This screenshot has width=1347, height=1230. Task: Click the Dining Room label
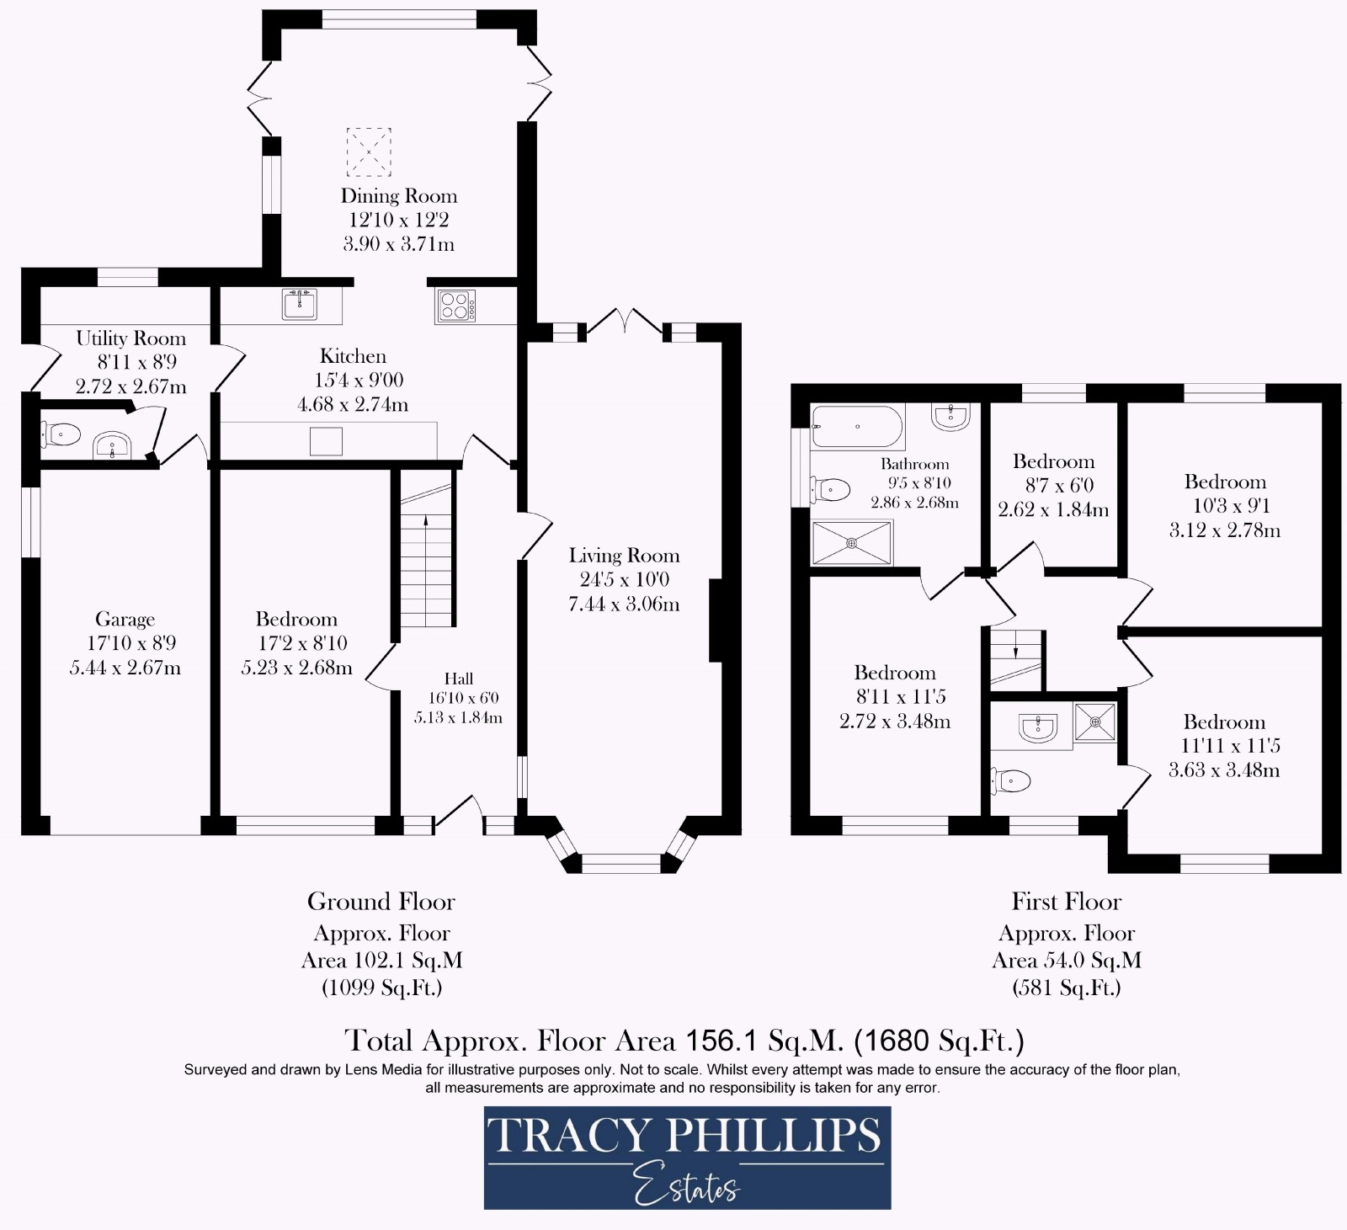(x=398, y=196)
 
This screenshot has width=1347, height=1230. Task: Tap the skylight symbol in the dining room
(x=369, y=152)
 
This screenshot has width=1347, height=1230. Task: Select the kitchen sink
(x=300, y=304)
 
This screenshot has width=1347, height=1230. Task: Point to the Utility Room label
(x=130, y=338)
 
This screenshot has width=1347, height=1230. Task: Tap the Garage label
(x=125, y=620)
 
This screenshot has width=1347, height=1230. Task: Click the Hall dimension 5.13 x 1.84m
(x=458, y=718)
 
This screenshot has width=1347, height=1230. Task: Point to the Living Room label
(x=624, y=556)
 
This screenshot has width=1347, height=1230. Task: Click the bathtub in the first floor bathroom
(x=857, y=426)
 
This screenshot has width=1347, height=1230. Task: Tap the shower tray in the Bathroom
(x=851, y=543)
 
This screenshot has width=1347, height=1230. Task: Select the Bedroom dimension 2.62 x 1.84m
(x=1053, y=510)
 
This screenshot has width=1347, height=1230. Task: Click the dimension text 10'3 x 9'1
(x=1225, y=506)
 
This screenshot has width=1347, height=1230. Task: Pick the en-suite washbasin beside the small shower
(x=1037, y=727)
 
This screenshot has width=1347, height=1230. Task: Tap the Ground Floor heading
(x=381, y=902)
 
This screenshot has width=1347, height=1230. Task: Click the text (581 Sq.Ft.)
(x=1066, y=988)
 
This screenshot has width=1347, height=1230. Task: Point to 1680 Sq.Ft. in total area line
(x=939, y=1041)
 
